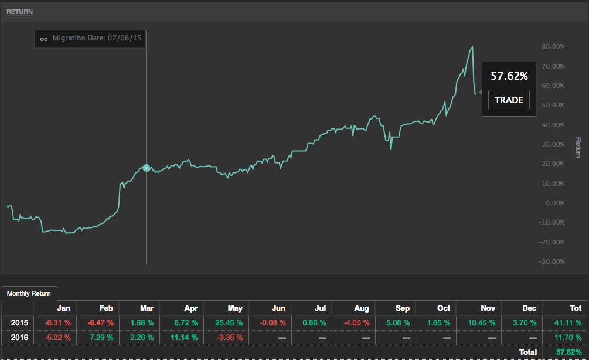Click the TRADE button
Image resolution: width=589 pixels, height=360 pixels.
pyautogui.click(x=509, y=100)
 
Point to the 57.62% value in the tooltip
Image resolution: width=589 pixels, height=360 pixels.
pyautogui.click(x=509, y=76)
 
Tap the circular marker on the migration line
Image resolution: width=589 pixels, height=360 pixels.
pyautogui.click(x=146, y=168)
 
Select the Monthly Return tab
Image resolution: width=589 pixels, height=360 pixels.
pyautogui.click(x=29, y=293)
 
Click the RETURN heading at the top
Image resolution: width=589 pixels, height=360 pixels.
pyautogui.click(x=19, y=11)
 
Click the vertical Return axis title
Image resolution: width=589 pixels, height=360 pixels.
pyautogui.click(x=578, y=148)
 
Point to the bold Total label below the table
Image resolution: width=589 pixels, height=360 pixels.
pyautogui.click(x=528, y=352)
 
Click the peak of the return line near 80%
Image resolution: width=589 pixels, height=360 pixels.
pyautogui.click(x=472, y=47)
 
